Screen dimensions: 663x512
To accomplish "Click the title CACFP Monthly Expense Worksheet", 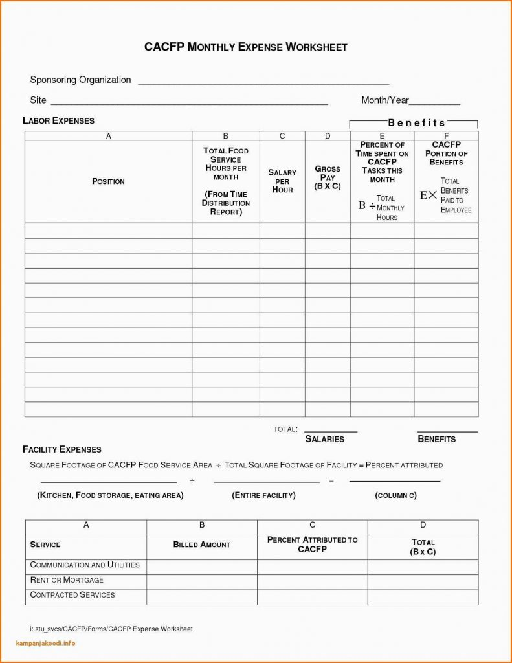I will [x=246, y=47].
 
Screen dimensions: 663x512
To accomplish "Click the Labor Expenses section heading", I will [x=58, y=120].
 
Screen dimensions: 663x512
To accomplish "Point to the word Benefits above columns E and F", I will [x=417, y=122].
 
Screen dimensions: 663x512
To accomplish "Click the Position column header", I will [x=108, y=181].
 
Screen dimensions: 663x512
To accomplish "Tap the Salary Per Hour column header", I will [x=282, y=181].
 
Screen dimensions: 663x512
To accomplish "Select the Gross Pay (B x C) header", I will [x=328, y=177].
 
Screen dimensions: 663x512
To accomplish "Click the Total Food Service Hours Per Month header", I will [x=226, y=181].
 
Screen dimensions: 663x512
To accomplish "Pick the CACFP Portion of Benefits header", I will [x=446, y=153].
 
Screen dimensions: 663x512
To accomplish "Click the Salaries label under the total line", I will [x=324, y=439].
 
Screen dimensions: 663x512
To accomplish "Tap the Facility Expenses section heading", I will [x=61, y=449].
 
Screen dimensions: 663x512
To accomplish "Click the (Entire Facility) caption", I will [x=263, y=495].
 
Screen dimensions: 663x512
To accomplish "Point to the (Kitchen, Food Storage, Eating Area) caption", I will [x=111, y=495].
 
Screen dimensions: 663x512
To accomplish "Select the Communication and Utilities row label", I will [x=85, y=565].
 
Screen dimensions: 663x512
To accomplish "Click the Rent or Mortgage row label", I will [x=67, y=580].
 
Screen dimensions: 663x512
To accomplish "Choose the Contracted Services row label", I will [x=72, y=595].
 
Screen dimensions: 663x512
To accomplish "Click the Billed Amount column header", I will [x=201, y=545].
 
